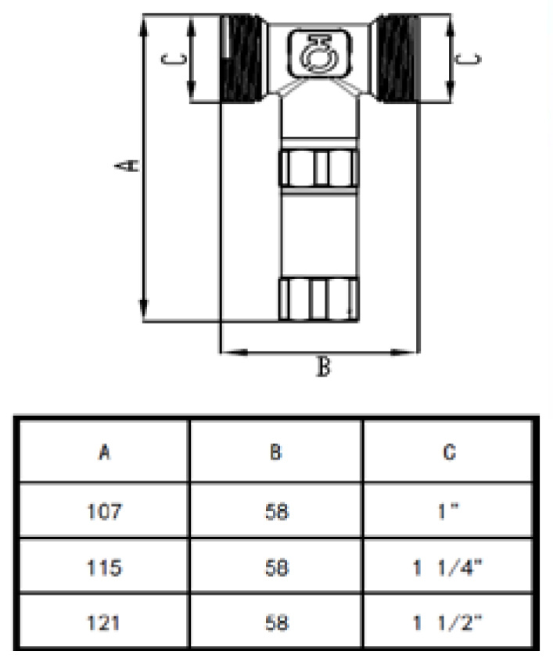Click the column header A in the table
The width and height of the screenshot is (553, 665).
tap(103, 452)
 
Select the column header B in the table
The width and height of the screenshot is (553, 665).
tap(275, 452)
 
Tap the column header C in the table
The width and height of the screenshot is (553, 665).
tap(450, 452)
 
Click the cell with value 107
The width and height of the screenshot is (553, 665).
tap(103, 513)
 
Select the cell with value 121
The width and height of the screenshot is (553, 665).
tap(103, 623)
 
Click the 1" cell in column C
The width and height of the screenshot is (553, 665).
tap(450, 513)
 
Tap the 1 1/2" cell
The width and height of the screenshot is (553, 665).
tap(450, 623)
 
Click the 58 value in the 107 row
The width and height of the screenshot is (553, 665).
tap(275, 513)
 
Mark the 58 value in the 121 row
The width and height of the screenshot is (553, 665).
tap(275, 623)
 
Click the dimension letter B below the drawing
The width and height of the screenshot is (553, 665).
tap(321, 366)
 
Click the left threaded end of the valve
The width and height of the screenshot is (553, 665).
tap(240, 60)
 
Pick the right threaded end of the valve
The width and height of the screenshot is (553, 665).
tap(397, 60)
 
